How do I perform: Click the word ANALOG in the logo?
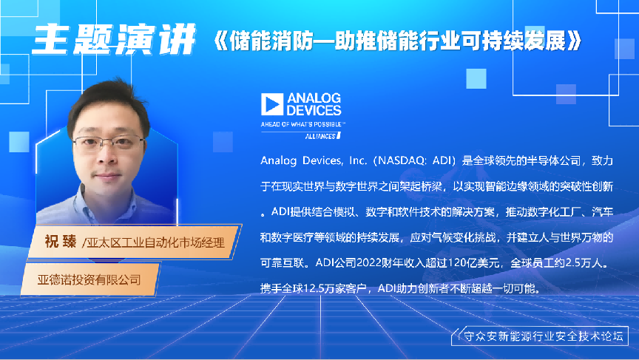coord(314,97)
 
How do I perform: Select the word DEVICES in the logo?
coord(314,111)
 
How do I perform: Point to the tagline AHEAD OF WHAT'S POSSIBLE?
coord(302,125)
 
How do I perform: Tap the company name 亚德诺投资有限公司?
coord(90,280)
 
